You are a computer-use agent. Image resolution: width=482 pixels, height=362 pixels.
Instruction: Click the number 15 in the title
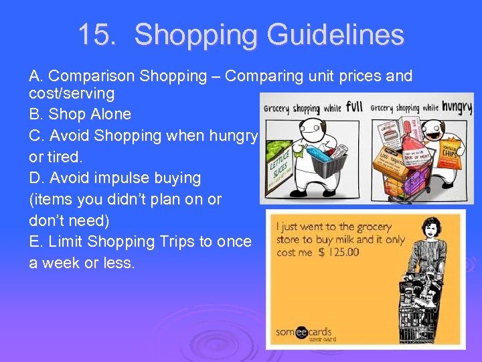click(94, 35)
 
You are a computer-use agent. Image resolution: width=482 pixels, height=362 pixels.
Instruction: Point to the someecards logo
click(303, 332)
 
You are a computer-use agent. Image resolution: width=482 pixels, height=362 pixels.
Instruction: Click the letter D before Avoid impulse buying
click(35, 178)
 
